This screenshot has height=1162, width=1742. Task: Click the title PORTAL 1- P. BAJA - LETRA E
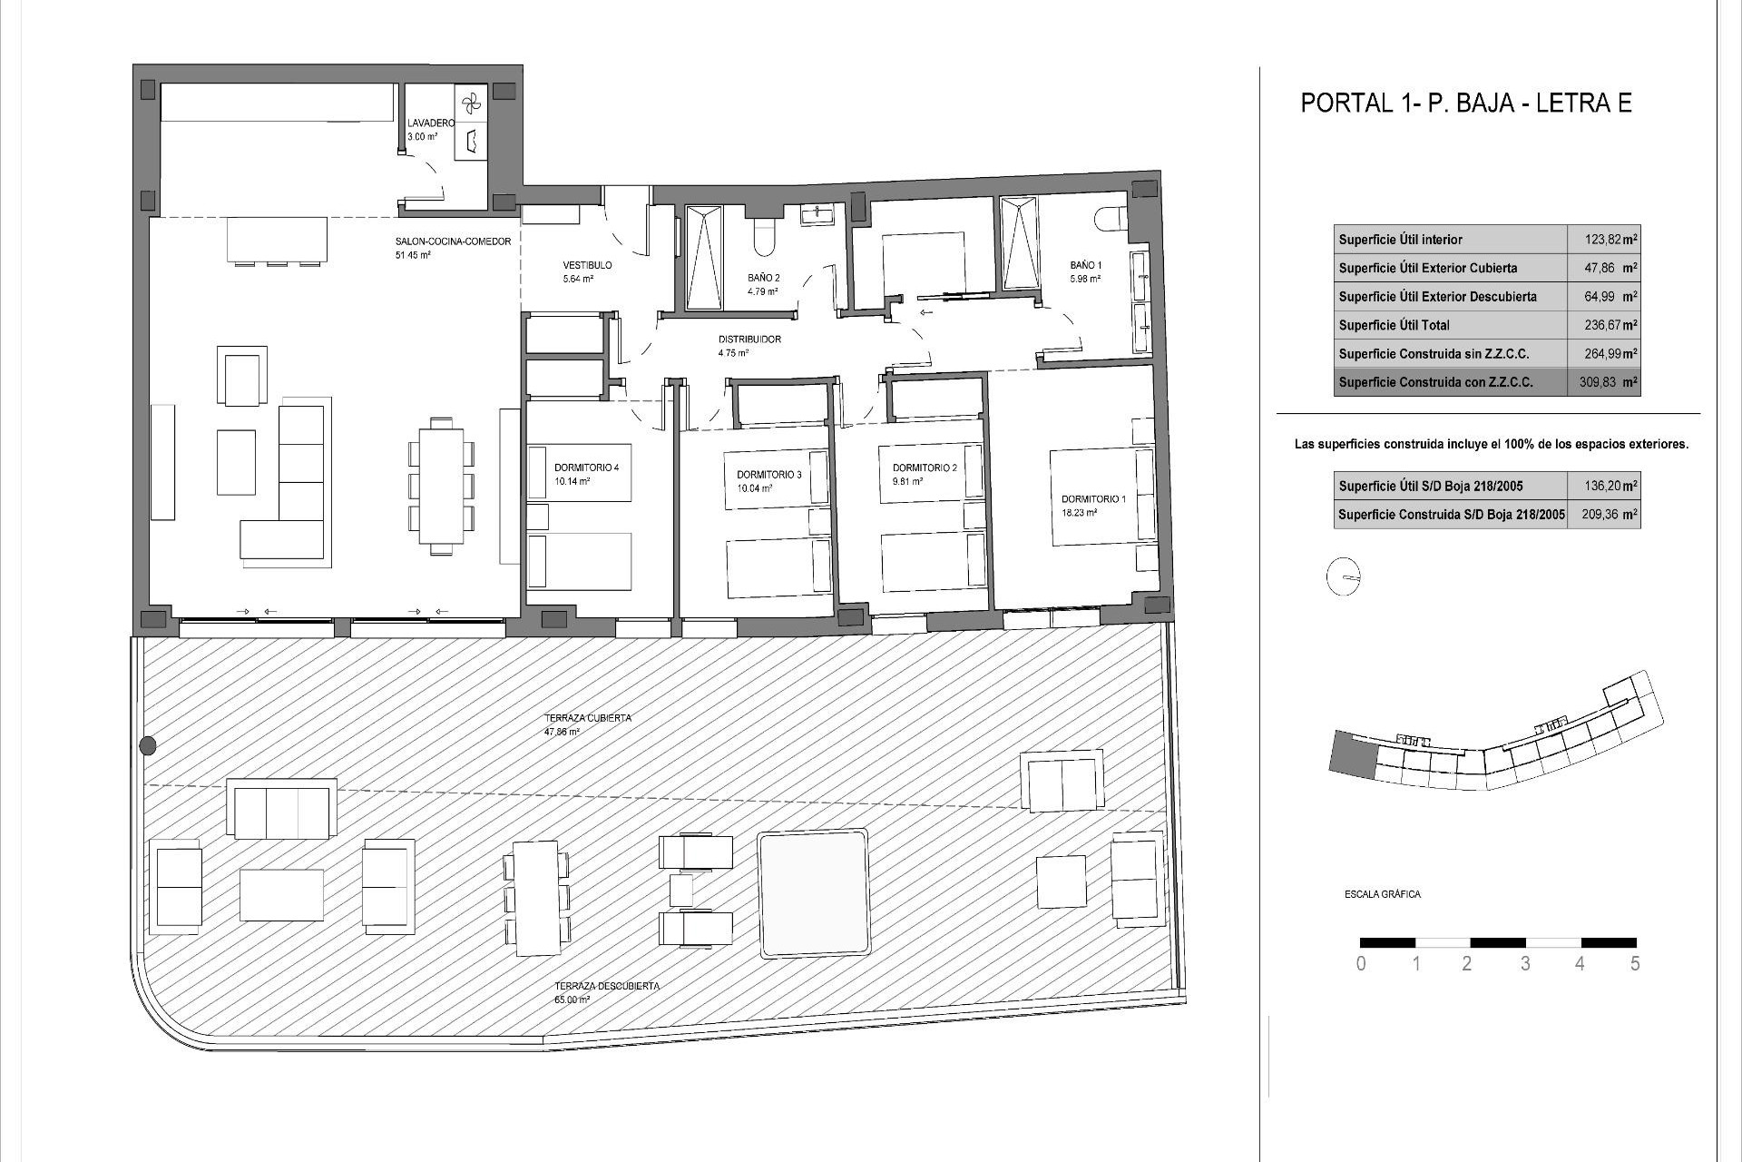pyautogui.click(x=1465, y=103)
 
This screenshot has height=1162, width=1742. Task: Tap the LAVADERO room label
pyautogui.click(x=430, y=123)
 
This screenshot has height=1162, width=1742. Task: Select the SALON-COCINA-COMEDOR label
pyautogui.click(x=453, y=241)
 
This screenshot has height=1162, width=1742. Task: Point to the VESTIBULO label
pyautogui.click(x=587, y=265)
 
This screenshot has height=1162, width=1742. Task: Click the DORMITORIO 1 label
pyautogui.click(x=1093, y=498)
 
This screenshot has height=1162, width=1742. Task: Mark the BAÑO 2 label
pyautogui.click(x=763, y=278)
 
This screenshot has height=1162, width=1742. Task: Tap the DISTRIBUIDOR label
pyautogui.click(x=749, y=340)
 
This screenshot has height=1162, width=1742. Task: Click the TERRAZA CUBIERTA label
pyautogui.click(x=587, y=718)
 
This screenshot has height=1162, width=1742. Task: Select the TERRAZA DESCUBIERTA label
pyautogui.click(x=607, y=985)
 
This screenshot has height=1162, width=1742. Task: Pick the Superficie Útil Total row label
pyautogui.click(x=1394, y=325)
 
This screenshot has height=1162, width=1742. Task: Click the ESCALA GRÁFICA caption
pyautogui.click(x=1382, y=894)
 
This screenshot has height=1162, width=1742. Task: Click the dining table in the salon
pyautogui.click(x=442, y=485)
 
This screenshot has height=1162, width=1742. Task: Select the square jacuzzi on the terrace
pyautogui.click(x=813, y=892)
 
